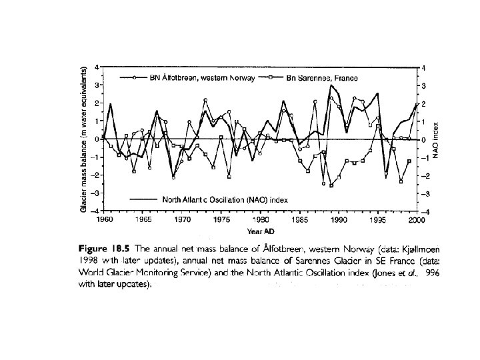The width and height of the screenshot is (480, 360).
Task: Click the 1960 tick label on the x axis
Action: click(104, 219)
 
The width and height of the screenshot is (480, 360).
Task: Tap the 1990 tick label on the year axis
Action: click(338, 219)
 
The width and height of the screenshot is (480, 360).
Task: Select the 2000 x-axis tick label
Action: click(416, 219)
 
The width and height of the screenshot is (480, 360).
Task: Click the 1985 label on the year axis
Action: click(299, 219)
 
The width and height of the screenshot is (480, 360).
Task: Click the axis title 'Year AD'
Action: click(259, 231)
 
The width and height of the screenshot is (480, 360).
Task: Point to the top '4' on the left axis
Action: click(97, 67)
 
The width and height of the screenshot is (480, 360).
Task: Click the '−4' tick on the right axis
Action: click(422, 211)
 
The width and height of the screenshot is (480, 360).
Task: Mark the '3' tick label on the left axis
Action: click(97, 85)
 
